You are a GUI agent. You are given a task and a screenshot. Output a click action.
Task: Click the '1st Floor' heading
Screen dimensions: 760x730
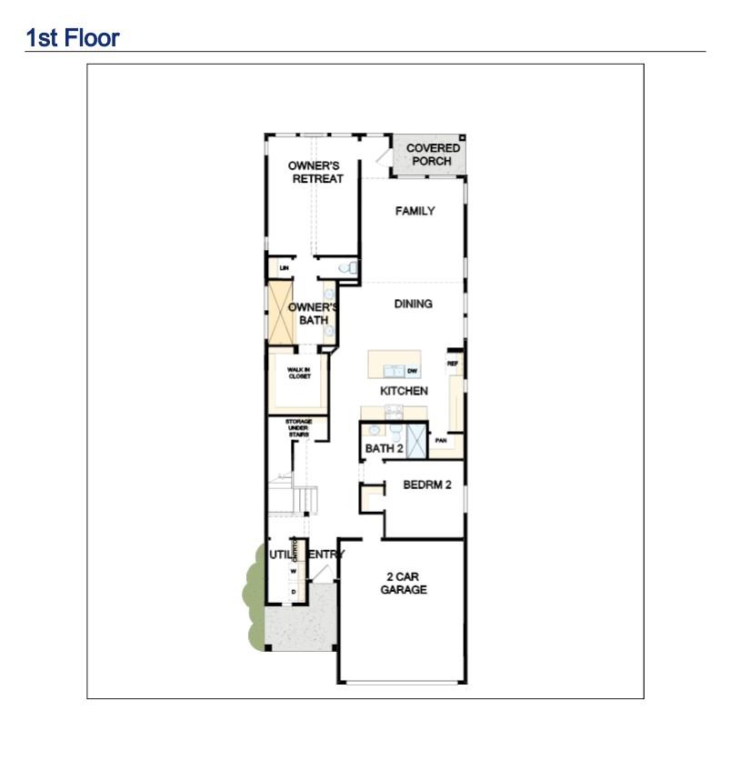(73, 38)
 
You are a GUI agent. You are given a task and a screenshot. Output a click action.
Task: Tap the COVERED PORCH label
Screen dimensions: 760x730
(433, 155)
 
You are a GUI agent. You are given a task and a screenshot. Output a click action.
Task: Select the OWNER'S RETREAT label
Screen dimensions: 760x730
(314, 172)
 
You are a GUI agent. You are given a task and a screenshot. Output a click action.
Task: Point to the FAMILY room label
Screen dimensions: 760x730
(415, 211)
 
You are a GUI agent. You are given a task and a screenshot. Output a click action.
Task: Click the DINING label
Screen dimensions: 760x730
(413, 304)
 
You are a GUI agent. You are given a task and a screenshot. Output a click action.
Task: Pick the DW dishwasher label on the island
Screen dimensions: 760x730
(412, 371)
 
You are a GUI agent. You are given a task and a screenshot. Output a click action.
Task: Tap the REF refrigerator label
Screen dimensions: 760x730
(452, 364)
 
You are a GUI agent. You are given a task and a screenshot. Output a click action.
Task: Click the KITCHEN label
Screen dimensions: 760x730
(404, 391)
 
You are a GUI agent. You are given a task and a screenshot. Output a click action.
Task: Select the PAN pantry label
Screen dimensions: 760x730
(441, 441)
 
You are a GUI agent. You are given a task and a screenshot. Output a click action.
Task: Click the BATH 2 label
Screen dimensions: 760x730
(384, 449)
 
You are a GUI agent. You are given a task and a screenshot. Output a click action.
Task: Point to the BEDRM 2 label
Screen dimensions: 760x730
(427, 485)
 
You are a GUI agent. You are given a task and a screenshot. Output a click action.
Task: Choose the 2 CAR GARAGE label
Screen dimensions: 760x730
(404, 583)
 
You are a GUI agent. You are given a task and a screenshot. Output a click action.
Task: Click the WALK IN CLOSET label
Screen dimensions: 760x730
(299, 373)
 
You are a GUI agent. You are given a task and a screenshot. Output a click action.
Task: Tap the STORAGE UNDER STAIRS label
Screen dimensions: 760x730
(298, 428)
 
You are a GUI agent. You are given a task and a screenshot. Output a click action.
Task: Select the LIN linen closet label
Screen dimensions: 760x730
(284, 268)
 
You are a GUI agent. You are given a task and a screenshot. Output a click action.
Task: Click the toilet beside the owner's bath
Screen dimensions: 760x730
(350, 268)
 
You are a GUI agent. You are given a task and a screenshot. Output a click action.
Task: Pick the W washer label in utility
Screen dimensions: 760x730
(294, 571)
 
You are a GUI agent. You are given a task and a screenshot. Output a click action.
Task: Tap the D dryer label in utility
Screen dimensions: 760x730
(294, 592)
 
